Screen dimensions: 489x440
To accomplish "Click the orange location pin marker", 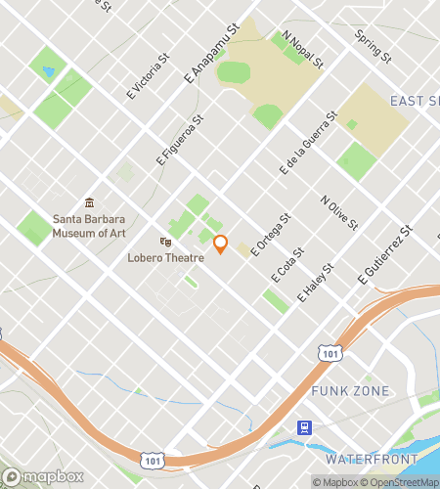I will tap(220, 244).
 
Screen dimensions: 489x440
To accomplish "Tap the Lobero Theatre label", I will tap(165, 258).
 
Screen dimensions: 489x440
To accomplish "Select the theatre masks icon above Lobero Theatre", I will tap(166, 242).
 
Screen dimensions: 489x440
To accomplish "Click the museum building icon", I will tap(90, 202).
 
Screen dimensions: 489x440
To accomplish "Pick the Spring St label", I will tap(373, 47).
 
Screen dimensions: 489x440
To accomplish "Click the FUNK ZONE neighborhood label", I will tap(350, 391).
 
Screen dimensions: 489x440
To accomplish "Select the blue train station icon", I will tap(305, 427).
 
